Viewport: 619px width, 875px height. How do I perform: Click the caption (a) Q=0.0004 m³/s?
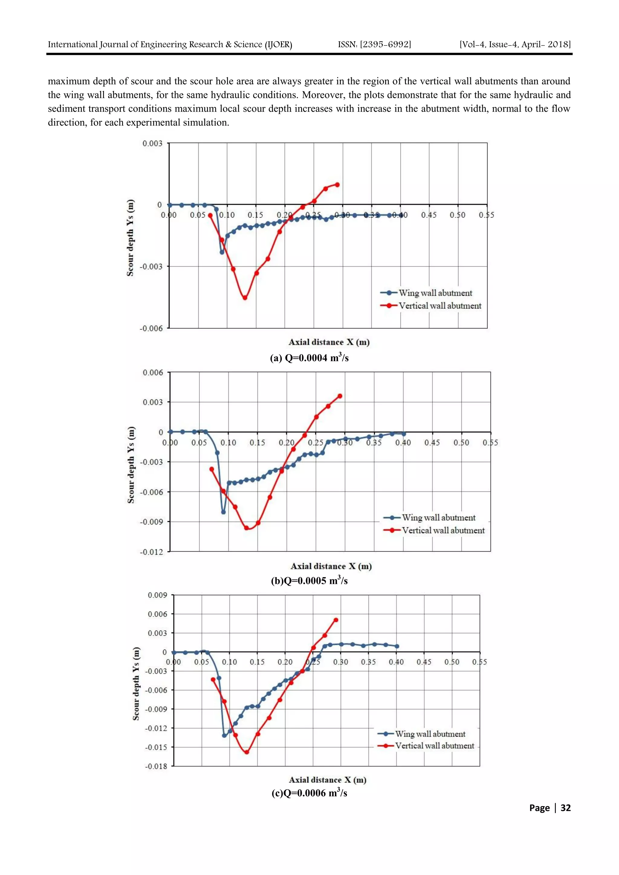pyautogui.click(x=309, y=358)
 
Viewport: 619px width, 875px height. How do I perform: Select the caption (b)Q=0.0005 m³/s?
pyautogui.click(x=309, y=581)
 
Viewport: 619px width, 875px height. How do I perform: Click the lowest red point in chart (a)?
pyautogui.click(x=245, y=298)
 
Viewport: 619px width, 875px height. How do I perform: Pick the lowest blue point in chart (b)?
pyautogui.click(x=223, y=512)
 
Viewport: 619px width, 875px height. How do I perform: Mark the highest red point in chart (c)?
pyautogui.click(x=336, y=620)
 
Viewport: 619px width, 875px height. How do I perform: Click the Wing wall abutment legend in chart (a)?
pyautogui.click(x=435, y=293)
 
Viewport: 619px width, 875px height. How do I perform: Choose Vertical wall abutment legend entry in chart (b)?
pyautogui.click(x=443, y=530)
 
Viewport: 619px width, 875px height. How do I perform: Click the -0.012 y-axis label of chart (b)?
pyautogui.click(x=151, y=552)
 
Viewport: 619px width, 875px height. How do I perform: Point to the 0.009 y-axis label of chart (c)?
pyautogui.click(x=157, y=595)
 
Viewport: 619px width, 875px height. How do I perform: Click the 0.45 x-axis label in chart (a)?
pyautogui.click(x=429, y=215)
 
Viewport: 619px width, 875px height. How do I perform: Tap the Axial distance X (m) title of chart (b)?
pyautogui.click(x=331, y=566)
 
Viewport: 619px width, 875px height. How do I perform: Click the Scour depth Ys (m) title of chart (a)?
pyautogui.click(x=131, y=237)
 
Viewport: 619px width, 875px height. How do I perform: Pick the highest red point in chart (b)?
pyautogui.click(x=340, y=396)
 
